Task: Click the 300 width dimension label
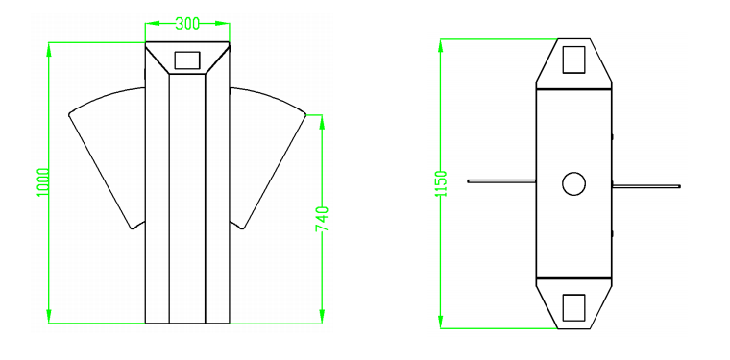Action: tap(187, 23)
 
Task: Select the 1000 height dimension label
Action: tap(43, 182)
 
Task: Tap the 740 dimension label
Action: tap(322, 219)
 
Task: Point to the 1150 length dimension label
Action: tap(441, 183)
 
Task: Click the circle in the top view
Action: tap(573, 183)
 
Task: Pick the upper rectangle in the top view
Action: tap(573, 60)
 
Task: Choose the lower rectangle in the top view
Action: tap(573, 307)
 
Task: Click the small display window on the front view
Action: tap(187, 60)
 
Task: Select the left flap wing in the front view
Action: tap(107, 154)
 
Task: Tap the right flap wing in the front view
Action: tap(268, 154)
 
